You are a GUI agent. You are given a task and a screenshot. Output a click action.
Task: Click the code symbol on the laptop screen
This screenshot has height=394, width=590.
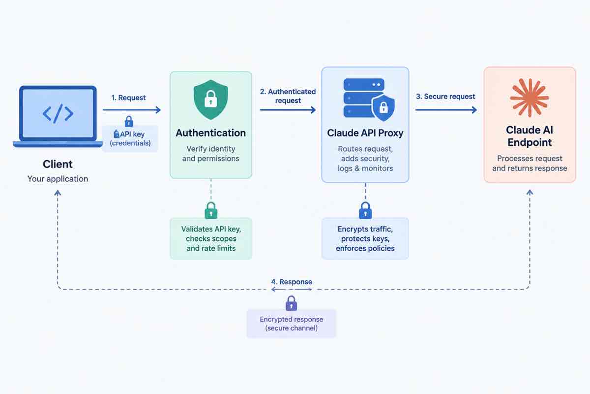pyautogui.click(x=58, y=113)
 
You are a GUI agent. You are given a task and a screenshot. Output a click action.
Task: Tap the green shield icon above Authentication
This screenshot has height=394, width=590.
pyautogui.click(x=211, y=100)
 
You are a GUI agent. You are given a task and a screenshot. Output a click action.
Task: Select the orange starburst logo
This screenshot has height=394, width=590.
pyautogui.click(x=530, y=98)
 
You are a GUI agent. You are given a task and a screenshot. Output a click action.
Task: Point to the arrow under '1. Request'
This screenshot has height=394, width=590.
pyautogui.click(x=132, y=110)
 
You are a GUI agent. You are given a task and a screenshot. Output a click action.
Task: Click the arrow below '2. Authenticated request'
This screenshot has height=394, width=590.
pyautogui.click(x=288, y=110)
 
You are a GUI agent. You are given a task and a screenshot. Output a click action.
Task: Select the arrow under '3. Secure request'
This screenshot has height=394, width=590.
pyautogui.click(x=446, y=110)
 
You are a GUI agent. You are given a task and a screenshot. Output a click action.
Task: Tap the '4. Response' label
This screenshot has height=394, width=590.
pyautogui.click(x=292, y=282)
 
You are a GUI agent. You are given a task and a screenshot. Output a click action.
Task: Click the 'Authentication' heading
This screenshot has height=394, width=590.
pyautogui.click(x=211, y=133)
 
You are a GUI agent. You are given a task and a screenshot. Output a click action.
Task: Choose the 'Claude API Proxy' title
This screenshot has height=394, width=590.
pyautogui.click(x=365, y=133)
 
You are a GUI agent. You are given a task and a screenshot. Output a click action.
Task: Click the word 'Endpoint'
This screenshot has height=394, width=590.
pyautogui.click(x=530, y=142)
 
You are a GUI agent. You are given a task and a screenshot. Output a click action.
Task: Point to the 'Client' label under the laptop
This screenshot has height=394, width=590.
pyautogui.click(x=58, y=164)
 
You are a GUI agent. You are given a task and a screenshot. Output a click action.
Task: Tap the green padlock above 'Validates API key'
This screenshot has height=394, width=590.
pyautogui.click(x=211, y=210)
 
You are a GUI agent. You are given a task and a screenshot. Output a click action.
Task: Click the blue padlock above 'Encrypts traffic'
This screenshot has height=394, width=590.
pyautogui.click(x=365, y=210)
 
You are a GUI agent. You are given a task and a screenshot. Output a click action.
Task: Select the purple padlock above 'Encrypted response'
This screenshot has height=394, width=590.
pyautogui.click(x=291, y=303)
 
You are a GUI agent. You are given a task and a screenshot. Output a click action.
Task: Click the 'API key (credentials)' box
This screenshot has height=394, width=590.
pyautogui.click(x=130, y=138)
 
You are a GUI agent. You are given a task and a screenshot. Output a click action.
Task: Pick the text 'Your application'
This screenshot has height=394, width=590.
pyautogui.click(x=58, y=179)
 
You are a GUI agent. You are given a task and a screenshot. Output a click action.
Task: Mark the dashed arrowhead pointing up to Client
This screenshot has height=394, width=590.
pyautogui.click(x=58, y=193)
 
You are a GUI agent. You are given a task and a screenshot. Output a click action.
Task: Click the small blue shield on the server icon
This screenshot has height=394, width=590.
pyautogui.click(x=383, y=108)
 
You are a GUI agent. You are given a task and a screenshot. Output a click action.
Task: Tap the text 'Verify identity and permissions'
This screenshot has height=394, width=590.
pyautogui.click(x=211, y=154)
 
